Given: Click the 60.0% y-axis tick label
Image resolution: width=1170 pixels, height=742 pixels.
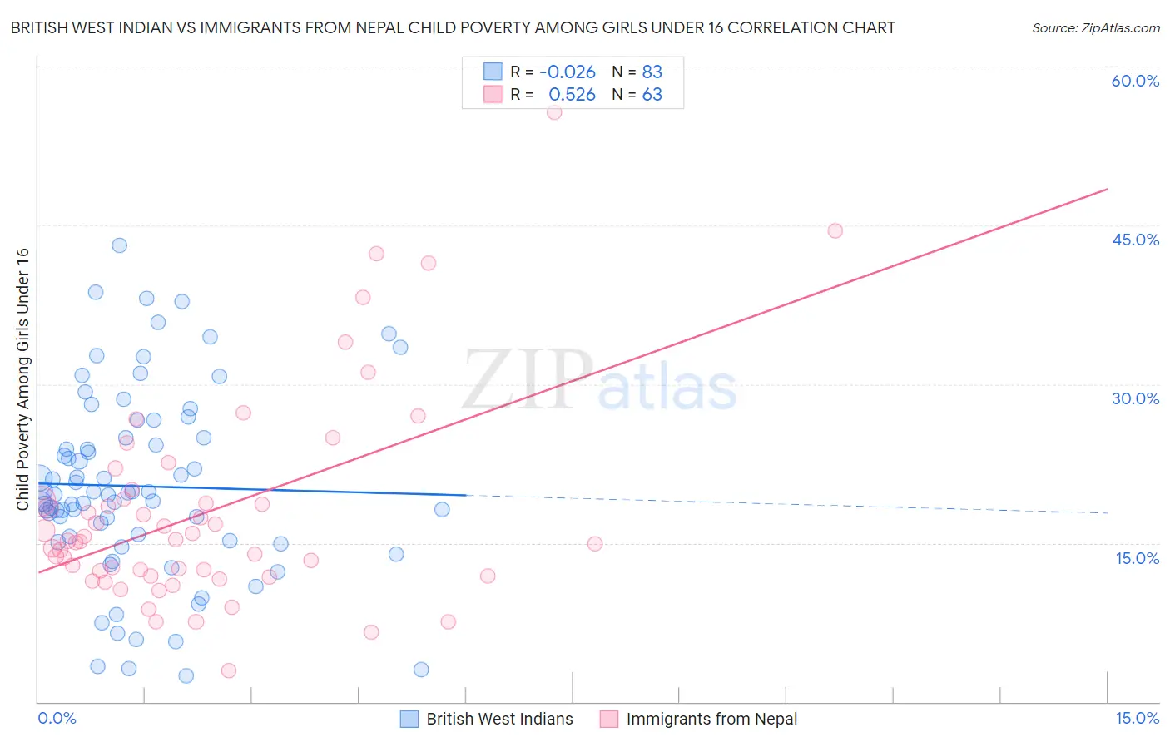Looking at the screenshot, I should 1135,81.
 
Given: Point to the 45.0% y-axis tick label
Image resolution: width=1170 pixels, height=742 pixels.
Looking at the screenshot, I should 1135,240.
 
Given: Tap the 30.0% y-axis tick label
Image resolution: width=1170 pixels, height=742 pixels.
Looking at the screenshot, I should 1135,398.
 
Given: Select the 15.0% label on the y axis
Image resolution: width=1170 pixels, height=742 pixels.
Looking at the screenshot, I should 1137,558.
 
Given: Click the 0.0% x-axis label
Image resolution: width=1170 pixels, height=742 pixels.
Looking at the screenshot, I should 57,718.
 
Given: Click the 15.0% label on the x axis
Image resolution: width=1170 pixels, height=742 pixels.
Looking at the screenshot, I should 1137,718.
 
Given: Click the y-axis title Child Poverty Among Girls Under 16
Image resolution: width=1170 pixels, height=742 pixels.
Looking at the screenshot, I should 22,379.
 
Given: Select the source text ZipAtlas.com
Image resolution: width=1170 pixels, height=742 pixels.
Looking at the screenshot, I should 1095,27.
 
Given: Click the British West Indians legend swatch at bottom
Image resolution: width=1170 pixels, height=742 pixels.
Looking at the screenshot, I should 409,719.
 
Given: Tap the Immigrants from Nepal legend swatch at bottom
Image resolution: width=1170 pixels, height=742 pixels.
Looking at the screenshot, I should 609,719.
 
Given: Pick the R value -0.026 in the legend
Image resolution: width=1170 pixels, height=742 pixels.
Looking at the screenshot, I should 568,72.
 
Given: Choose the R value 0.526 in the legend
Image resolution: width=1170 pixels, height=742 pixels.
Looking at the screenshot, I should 572,95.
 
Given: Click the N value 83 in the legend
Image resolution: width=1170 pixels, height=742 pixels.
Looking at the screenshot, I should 652,72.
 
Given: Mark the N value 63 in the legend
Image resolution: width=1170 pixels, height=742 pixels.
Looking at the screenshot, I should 652,95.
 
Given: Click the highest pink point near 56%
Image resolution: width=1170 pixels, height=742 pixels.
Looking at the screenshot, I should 554,112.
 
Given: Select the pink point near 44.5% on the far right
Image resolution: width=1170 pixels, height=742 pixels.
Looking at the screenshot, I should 835,230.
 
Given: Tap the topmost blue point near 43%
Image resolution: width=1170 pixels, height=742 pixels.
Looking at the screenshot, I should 119,245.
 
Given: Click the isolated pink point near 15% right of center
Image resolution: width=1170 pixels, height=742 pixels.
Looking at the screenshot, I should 594,543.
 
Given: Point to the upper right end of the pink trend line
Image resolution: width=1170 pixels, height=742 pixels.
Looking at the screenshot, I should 1107,190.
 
